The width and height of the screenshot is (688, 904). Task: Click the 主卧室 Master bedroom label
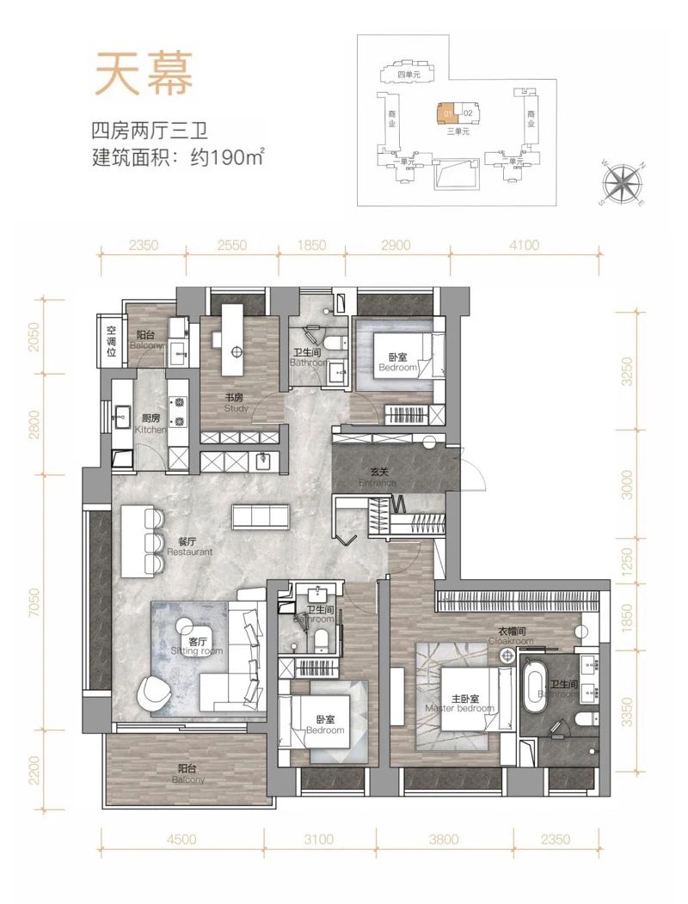(460, 702)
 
